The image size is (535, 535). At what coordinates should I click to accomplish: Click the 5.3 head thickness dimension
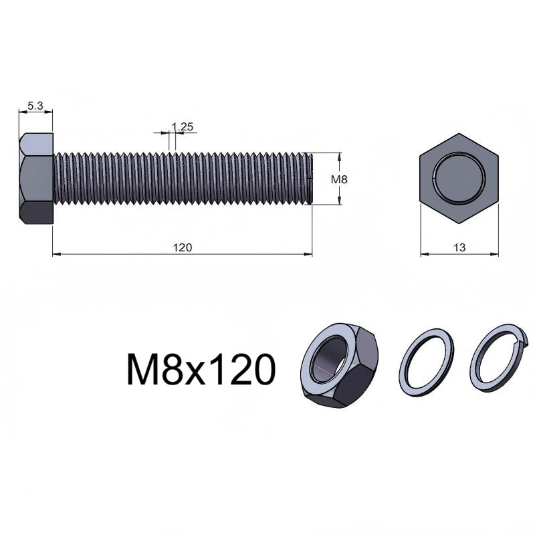[x=35, y=106]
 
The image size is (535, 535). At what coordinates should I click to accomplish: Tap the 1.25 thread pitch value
[x=183, y=127]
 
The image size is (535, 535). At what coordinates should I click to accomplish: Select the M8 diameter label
[x=339, y=179]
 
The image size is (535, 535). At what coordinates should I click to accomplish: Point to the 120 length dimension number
[x=183, y=247]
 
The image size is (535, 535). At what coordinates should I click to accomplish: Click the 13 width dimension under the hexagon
[x=459, y=247]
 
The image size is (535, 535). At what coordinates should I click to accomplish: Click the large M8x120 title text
[x=201, y=370]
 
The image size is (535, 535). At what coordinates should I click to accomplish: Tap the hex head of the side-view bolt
[x=36, y=179]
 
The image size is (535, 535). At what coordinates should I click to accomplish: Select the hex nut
[x=339, y=365]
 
